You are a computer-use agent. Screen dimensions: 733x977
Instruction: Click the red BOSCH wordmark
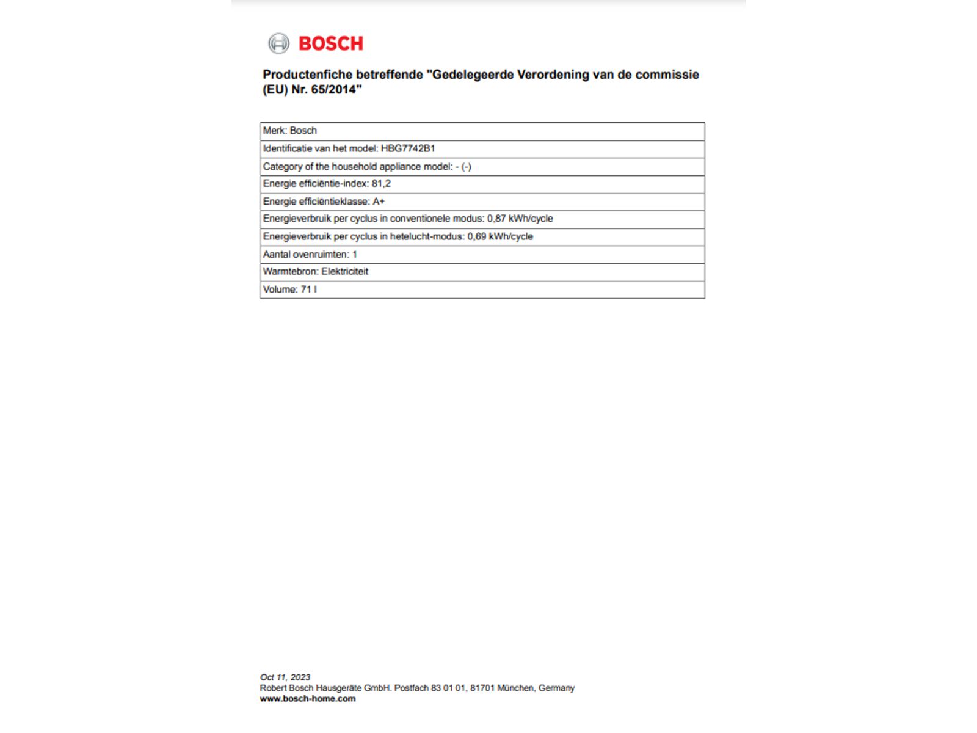point(330,44)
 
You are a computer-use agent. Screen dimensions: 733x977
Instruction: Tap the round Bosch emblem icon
point(278,43)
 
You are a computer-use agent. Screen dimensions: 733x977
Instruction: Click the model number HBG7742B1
point(408,148)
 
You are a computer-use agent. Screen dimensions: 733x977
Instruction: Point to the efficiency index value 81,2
point(381,184)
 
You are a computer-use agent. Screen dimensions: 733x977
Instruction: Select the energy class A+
point(379,202)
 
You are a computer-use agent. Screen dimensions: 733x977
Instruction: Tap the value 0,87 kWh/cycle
point(520,219)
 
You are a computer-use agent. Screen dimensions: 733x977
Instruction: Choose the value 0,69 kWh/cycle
point(500,236)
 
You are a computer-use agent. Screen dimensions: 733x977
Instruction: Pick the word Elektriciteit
point(345,272)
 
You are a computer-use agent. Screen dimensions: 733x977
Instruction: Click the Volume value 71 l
point(308,290)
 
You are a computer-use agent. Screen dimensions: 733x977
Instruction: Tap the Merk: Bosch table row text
point(290,131)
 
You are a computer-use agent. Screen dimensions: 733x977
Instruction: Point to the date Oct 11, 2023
point(285,677)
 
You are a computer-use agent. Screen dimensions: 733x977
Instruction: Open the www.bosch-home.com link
point(308,699)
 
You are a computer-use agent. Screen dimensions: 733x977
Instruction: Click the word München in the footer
point(515,688)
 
